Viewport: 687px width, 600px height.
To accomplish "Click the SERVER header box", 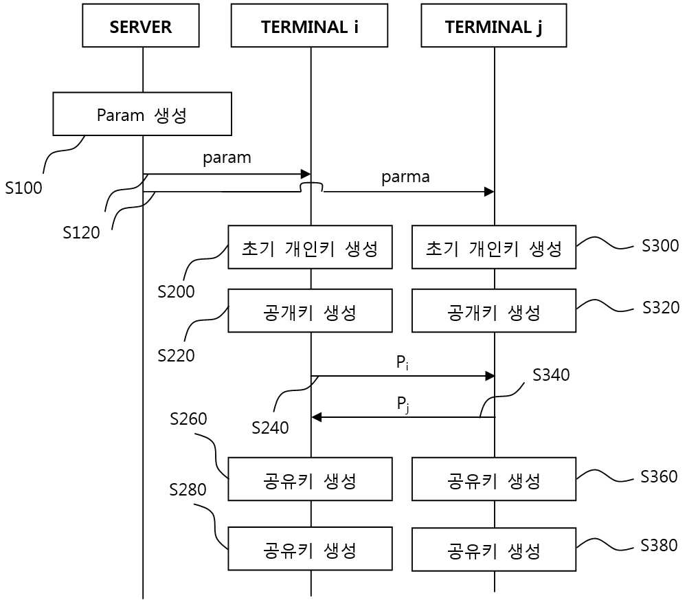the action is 141,25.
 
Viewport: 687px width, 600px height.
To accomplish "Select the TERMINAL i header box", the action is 309,25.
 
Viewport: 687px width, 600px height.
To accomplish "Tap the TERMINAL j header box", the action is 494,25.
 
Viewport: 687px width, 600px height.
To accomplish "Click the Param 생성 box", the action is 142,114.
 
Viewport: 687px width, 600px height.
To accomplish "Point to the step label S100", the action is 23,188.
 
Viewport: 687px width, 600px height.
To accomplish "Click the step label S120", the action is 82,233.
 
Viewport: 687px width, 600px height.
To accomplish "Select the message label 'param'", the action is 227,158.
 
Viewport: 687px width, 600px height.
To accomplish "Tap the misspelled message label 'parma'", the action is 405,177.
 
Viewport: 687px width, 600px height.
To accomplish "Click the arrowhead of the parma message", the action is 489,192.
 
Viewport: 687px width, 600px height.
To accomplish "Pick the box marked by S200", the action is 311,247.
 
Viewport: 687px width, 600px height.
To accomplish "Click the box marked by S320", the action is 494,311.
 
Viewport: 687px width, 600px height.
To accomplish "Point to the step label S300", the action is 660,246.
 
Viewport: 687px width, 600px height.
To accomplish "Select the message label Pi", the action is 402,363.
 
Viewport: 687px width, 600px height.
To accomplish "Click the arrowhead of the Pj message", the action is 317,417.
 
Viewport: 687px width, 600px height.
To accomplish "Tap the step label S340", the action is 551,375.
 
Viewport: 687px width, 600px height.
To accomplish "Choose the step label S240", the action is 270,427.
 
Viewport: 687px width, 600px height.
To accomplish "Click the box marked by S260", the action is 311,479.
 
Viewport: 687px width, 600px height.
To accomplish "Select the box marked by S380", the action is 494,549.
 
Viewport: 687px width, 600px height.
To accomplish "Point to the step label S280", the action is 188,489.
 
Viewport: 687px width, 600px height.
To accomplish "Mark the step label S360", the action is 659,476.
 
